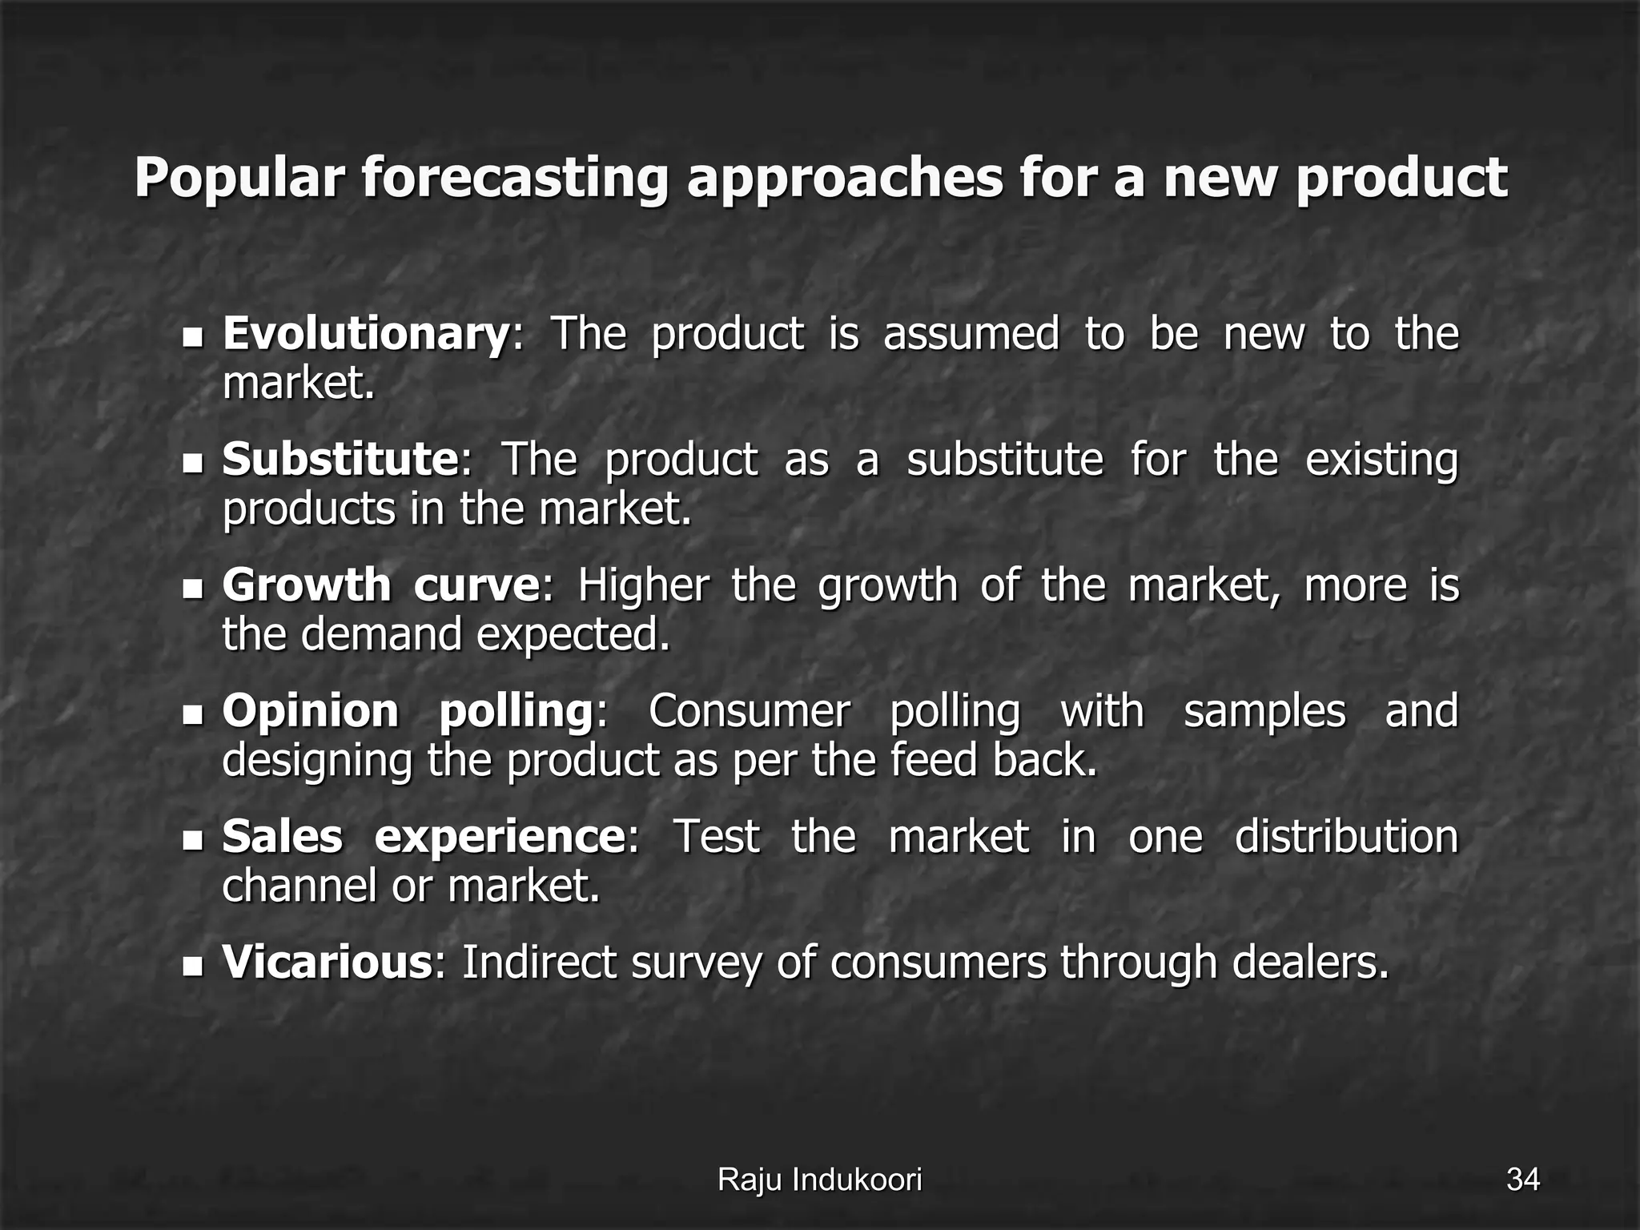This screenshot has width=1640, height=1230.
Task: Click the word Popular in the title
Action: [x=239, y=178]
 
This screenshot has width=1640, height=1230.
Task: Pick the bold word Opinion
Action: [x=310, y=711]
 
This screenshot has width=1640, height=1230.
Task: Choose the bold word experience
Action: [x=500, y=837]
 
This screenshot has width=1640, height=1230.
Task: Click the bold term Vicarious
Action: [x=328, y=962]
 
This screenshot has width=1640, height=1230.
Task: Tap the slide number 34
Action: [x=1522, y=1180]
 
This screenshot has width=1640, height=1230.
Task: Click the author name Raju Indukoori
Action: [x=819, y=1180]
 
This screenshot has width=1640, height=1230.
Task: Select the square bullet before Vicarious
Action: [x=193, y=966]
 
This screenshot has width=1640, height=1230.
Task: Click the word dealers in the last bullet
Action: [x=1310, y=962]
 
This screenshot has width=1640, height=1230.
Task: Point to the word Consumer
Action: [x=749, y=711]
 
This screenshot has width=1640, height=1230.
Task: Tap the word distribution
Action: [x=1346, y=837]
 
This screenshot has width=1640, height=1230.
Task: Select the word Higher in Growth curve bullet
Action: [x=643, y=585]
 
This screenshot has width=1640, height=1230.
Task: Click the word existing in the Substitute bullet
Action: [x=1381, y=461]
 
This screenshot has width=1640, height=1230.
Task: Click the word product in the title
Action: [x=1401, y=178]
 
